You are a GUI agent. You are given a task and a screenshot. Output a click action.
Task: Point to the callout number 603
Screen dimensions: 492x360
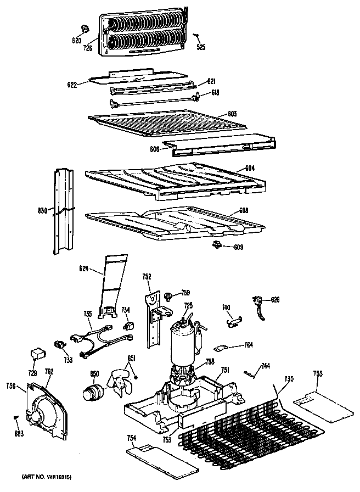coord(232,113)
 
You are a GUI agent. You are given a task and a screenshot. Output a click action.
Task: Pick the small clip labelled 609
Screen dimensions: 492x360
coord(218,244)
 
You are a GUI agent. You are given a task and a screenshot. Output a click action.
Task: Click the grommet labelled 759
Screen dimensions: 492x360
coord(170,297)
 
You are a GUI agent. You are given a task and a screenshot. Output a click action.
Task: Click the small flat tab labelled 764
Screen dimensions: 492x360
coord(221,347)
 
